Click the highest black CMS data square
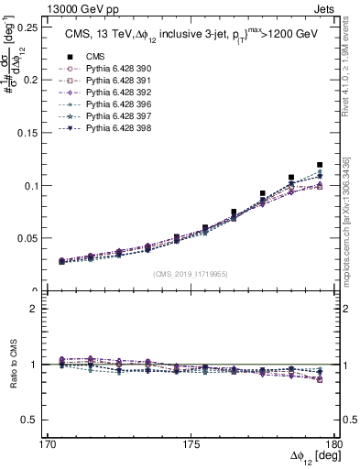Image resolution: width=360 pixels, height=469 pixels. pyautogui.click(x=320, y=165)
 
